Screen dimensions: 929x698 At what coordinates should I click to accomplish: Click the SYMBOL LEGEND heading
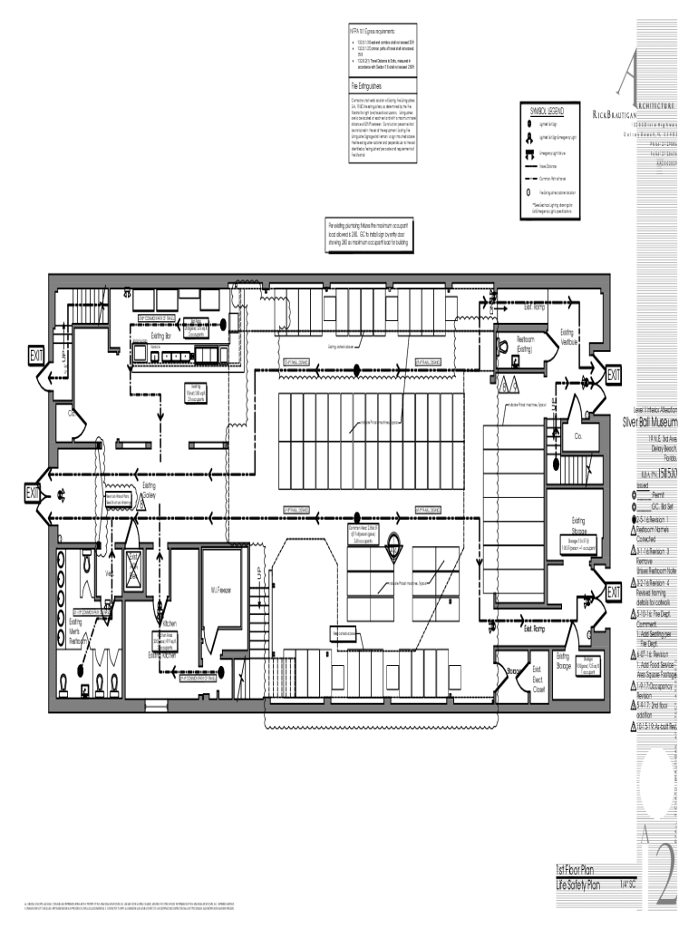pos(547,111)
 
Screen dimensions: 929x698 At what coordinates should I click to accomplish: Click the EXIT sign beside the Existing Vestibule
pos(614,375)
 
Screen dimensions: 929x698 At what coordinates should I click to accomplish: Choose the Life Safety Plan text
pos(582,884)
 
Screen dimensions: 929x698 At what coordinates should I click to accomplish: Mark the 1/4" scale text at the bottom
pos(626,884)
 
